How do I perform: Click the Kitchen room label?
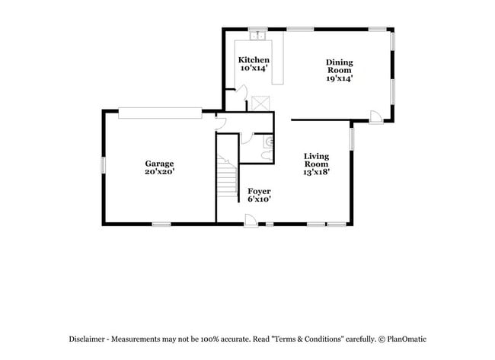254,60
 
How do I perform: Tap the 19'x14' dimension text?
339,78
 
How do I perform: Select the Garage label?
160,164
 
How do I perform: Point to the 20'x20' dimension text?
160,173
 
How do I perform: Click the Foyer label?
259,191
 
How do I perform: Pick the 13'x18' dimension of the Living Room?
316,173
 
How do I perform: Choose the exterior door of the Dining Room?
375,116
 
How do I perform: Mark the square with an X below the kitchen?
263,102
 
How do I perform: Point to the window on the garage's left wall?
104,166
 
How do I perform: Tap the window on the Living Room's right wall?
351,139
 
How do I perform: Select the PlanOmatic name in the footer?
407,339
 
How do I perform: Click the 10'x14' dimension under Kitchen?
254,69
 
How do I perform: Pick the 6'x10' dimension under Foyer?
259,199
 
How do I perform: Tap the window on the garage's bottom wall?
161,224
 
